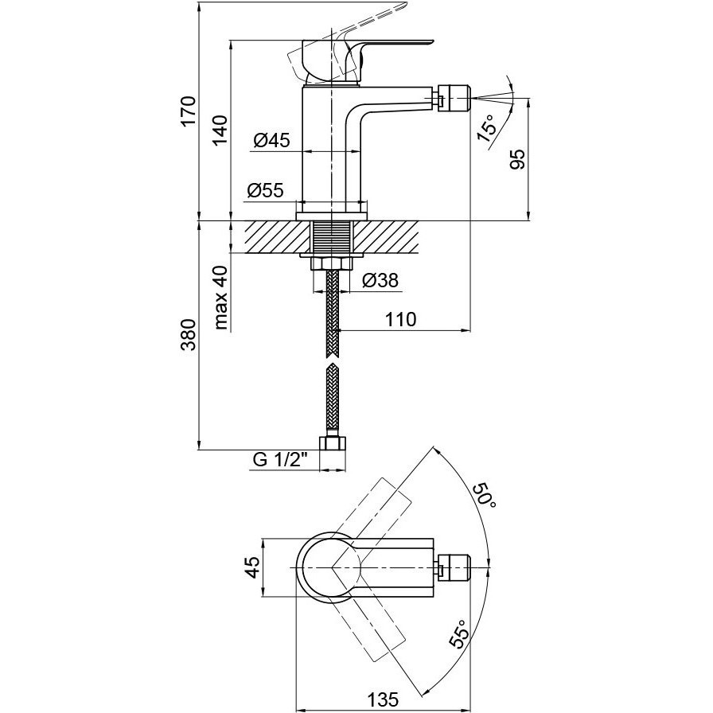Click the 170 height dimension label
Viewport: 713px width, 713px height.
[188, 111]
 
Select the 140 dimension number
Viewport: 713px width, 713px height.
[220, 131]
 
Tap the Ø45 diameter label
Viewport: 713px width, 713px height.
[271, 140]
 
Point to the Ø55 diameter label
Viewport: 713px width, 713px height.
[265, 190]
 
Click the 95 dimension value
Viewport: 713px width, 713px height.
[517, 159]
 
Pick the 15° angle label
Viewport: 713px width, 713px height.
[486, 129]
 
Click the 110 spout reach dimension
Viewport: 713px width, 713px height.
[400, 319]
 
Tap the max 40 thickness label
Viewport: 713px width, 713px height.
[220, 298]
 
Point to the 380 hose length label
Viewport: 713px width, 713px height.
[189, 335]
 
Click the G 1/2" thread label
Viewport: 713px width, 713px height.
[281, 460]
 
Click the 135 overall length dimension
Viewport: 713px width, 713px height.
[383, 699]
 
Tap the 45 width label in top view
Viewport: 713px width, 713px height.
[252, 567]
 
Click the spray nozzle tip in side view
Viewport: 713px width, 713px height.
[455, 96]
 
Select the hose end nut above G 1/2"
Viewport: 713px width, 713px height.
[333, 443]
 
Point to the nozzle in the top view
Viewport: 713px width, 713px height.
[454, 567]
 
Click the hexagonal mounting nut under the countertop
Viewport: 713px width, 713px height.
[332, 263]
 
